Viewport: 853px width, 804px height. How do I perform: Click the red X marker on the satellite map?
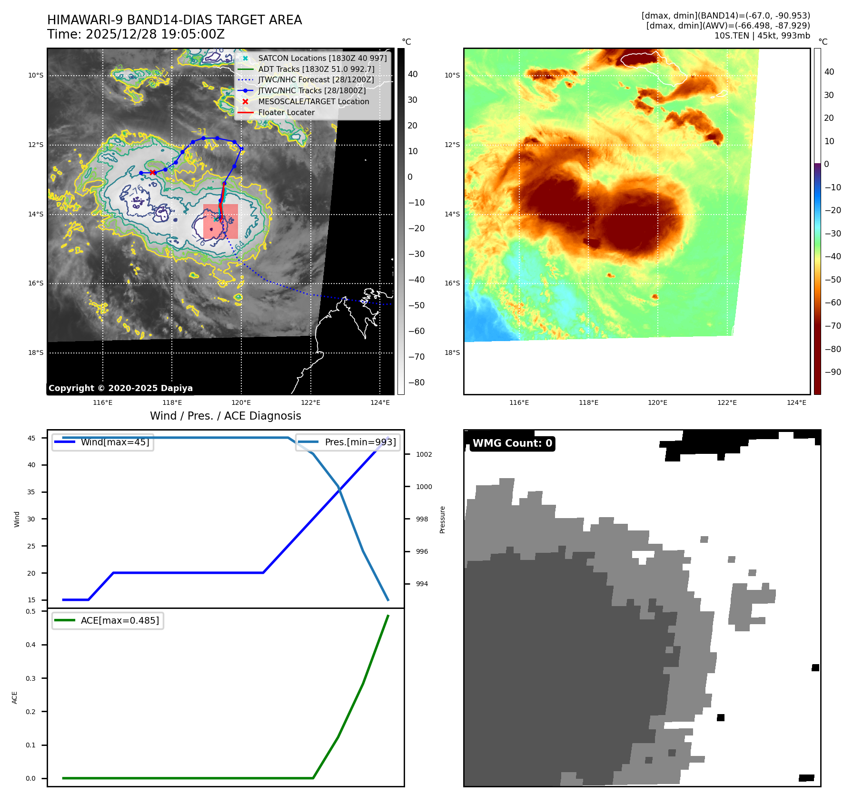click(x=152, y=172)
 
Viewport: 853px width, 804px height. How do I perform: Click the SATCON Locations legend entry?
click(x=322, y=58)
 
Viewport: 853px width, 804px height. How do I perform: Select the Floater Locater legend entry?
click(x=286, y=112)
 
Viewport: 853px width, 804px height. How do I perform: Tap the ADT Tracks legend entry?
click(x=316, y=69)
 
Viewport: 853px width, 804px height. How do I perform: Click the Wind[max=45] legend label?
click(x=115, y=442)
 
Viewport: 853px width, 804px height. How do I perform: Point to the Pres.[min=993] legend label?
click(x=360, y=442)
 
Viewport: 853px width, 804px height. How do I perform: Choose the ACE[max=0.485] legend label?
click(x=119, y=620)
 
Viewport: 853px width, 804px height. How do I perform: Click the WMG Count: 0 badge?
click(x=512, y=443)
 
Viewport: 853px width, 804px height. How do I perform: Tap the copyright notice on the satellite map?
click(x=120, y=388)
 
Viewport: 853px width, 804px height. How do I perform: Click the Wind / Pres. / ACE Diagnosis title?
click(x=225, y=416)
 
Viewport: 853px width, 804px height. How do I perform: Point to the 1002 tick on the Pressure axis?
click(x=424, y=454)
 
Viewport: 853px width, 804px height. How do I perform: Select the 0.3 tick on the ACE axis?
click(x=31, y=678)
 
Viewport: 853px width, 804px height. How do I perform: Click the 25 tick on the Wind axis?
click(x=31, y=546)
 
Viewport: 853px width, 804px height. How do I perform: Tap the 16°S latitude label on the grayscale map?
click(x=36, y=283)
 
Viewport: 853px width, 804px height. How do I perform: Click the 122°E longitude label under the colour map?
click(x=727, y=402)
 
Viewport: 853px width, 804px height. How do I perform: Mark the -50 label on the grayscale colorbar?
click(x=417, y=305)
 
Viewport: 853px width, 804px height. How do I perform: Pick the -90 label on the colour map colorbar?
click(x=833, y=372)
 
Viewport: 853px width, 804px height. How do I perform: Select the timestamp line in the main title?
click(x=136, y=35)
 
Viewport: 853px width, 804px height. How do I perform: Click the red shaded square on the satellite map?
click(x=220, y=221)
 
